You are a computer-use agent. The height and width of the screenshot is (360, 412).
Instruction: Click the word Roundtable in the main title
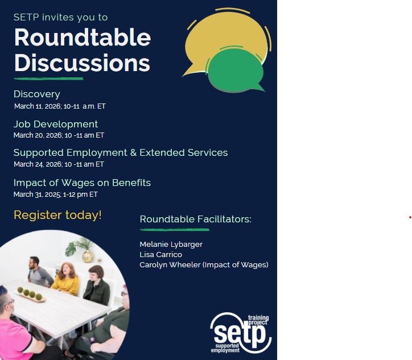(82, 38)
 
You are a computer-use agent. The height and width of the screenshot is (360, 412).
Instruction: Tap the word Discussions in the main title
(82, 63)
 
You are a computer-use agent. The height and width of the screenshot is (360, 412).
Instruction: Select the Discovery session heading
(36, 94)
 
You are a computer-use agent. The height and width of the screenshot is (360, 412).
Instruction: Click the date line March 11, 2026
(60, 106)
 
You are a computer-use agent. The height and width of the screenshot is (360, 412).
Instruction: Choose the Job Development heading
(56, 124)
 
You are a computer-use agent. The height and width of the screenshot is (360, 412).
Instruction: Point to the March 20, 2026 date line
(59, 135)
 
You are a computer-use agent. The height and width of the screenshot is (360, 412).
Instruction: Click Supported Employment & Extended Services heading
(121, 152)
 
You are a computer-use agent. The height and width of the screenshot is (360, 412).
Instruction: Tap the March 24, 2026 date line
(59, 164)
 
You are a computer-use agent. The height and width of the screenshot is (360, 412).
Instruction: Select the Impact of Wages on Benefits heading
(82, 183)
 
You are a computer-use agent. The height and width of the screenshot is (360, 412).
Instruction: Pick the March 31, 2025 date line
(56, 195)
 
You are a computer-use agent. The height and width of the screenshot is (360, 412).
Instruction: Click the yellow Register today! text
(57, 215)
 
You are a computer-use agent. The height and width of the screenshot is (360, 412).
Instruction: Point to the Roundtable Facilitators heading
(195, 219)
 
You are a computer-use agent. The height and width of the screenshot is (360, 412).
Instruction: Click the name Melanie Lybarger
(171, 244)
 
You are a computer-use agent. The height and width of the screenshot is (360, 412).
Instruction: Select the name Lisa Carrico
(160, 254)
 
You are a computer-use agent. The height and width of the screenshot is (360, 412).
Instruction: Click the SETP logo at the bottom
(241, 333)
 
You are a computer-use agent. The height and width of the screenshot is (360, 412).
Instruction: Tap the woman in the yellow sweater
(67, 279)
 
